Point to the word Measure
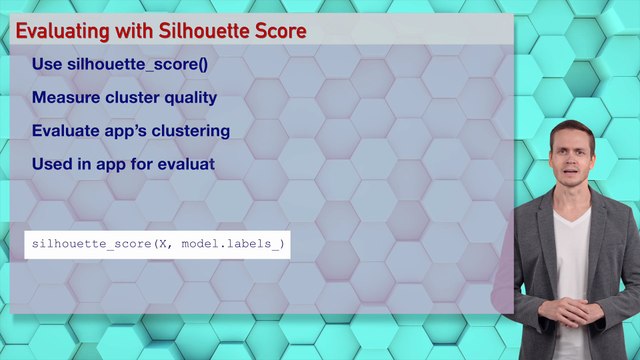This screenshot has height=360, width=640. [62, 98]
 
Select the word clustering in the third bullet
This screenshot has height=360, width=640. [191, 131]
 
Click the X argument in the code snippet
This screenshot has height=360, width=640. [161, 244]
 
